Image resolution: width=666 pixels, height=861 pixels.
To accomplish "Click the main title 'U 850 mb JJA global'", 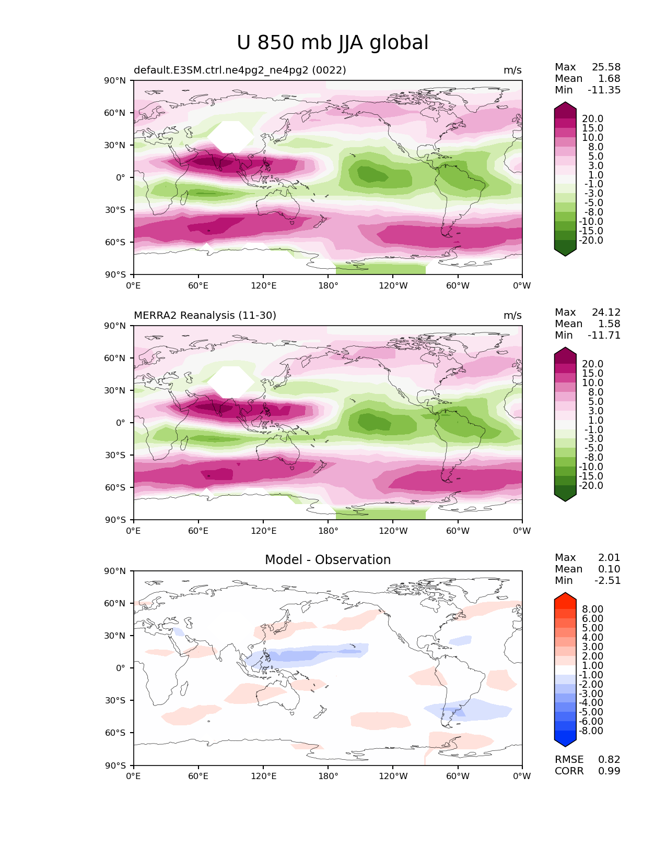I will click(x=332, y=43).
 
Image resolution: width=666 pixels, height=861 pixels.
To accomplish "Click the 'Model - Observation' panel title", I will click(x=328, y=560).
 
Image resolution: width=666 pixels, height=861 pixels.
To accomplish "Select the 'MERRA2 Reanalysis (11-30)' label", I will click(x=205, y=316).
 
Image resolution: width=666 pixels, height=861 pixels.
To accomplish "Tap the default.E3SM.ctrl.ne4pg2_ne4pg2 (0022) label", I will click(x=240, y=70).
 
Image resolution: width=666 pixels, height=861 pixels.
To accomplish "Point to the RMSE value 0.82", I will click(x=609, y=760).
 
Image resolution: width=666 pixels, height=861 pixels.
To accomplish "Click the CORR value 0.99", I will click(x=609, y=771).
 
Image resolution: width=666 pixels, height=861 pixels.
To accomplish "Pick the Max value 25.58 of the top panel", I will click(x=606, y=67).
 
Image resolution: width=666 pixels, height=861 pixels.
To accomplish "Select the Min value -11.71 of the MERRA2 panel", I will click(x=604, y=336).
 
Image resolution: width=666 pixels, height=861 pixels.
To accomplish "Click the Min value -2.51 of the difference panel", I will click(x=607, y=581).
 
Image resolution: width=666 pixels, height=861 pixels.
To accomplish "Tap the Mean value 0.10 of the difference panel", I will click(x=609, y=569).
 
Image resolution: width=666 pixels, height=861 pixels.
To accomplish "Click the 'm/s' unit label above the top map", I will click(x=512, y=70).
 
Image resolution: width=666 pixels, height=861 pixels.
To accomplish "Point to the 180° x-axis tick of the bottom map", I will click(x=328, y=776).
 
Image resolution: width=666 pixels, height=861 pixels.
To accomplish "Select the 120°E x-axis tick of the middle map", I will click(x=263, y=531).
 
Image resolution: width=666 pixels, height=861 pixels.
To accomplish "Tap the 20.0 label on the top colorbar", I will click(x=592, y=119).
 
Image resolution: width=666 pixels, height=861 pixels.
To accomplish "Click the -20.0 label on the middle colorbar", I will click(x=591, y=486).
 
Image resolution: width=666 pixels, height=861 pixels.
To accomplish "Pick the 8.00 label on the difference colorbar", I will click(x=592, y=609).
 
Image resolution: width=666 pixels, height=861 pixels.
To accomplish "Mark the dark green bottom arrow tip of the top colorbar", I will click(x=565, y=253).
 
